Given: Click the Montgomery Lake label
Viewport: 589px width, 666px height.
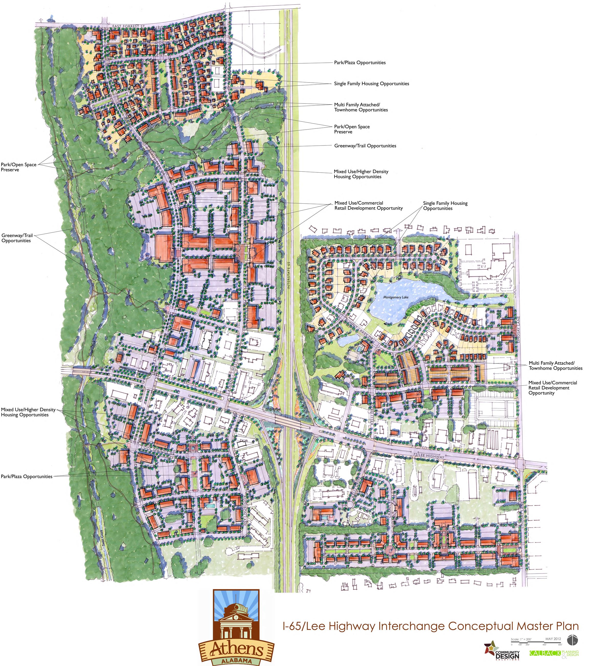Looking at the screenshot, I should pos(395,297).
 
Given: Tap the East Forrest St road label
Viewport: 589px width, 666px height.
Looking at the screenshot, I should pos(128,26).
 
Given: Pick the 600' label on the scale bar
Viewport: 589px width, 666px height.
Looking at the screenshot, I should pos(560,645).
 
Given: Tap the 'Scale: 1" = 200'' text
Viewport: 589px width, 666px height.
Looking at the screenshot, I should pos(521,639).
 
